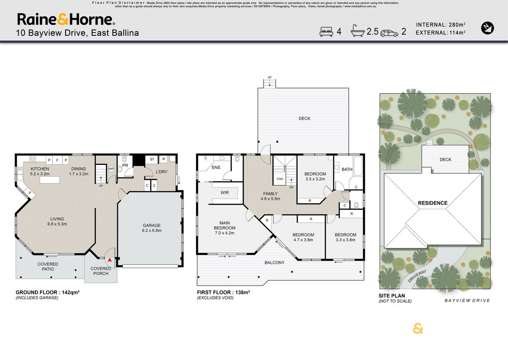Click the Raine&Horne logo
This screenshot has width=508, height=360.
(66, 19)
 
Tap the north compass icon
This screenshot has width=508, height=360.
(487, 28)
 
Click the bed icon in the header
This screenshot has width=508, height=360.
(326, 32)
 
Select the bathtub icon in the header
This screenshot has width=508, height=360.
(358, 31)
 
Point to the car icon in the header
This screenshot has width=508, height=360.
(389, 33)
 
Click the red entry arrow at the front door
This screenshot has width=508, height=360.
(110, 260)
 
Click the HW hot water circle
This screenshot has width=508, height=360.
(111, 169)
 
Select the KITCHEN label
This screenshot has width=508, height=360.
(40, 169)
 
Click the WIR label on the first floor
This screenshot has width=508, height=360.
(225, 193)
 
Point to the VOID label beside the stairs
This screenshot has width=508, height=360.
(280, 179)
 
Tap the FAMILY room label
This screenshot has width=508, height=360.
(270, 194)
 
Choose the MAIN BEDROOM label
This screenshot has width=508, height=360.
(225, 225)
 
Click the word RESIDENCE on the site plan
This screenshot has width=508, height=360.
(433, 203)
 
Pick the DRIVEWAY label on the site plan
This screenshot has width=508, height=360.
(417, 276)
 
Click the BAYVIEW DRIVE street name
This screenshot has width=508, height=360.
(467, 301)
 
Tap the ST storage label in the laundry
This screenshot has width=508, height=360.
(152, 159)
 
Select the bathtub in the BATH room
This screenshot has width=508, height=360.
(358, 166)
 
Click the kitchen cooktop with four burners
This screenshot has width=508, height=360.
(32, 159)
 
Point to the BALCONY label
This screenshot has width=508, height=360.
(274, 262)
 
